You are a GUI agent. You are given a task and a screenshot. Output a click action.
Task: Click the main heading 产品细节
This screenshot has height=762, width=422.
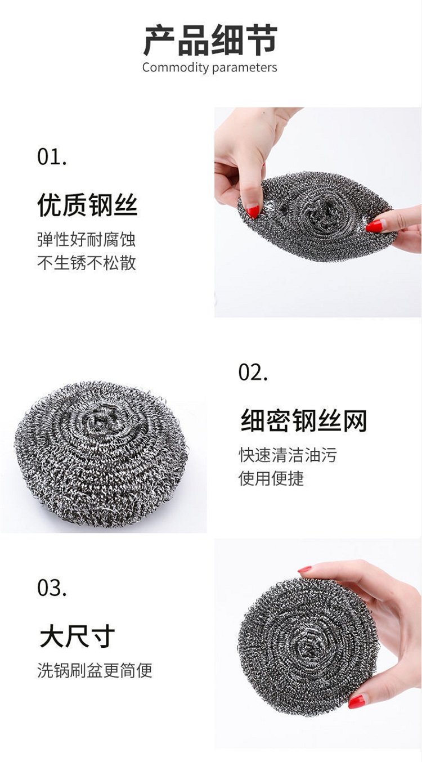pos(210,40)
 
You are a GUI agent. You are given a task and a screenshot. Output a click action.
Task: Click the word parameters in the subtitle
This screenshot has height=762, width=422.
pos(245,68)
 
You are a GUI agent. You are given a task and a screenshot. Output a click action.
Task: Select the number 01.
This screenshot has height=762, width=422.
pos(52,157)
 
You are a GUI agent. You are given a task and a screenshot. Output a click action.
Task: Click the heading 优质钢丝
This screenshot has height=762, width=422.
pos(87,205)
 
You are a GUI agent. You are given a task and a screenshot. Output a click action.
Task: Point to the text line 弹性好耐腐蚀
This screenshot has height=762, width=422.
pos(87,240)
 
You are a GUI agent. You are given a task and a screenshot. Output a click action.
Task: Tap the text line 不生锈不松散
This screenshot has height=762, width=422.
pos(87,263)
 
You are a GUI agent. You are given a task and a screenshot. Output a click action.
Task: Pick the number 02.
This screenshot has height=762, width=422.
pos(253,372)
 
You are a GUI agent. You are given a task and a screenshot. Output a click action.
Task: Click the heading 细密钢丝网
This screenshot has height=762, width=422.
pos(304,420)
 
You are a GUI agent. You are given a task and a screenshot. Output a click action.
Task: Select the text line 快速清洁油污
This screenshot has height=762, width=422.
pos(288,455)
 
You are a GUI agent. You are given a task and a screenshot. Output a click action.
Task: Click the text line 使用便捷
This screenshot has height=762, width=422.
pos(271,478)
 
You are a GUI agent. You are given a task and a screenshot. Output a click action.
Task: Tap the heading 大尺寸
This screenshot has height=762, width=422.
pos(77,636)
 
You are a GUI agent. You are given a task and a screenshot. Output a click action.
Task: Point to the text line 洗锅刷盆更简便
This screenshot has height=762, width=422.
pos(95,670)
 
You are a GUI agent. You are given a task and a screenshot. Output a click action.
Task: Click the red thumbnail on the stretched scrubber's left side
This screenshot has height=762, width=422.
pos(253,211)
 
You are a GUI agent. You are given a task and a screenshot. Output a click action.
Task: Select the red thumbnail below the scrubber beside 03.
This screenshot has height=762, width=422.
pos(357,701)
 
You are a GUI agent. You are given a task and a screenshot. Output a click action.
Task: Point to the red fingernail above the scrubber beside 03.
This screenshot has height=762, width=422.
pos(304,569)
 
